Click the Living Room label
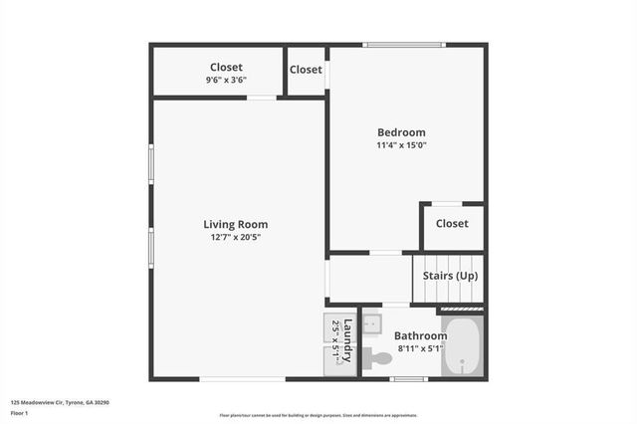point(235,224)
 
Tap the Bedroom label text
point(401,132)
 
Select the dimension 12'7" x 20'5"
point(235,237)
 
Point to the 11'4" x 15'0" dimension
point(401,145)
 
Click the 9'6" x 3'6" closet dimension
point(226,80)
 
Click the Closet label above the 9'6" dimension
point(226,68)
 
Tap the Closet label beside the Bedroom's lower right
point(452,224)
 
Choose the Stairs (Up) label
point(451,275)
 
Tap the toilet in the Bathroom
point(377,357)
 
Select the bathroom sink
point(371,322)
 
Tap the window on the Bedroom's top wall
point(403,45)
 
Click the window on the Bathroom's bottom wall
point(408,378)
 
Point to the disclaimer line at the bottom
point(318,416)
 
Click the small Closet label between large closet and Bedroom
point(306,70)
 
